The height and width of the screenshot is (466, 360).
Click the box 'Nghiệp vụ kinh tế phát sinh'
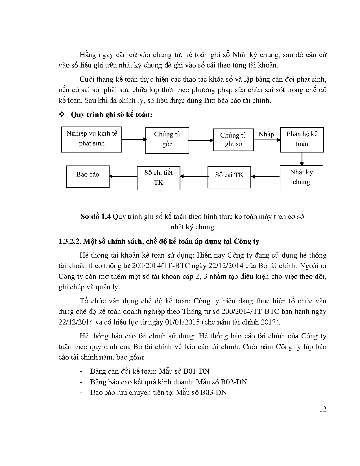pyautogui.click(x=91, y=140)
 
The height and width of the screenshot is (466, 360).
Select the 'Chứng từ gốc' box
pyautogui.click(x=167, y=140)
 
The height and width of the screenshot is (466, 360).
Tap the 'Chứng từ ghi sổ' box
pyautogui.click(x=233, y=140)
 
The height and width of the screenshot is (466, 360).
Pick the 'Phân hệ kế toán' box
pyautogui.click(x=302, y=140)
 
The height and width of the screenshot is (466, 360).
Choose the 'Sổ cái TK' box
pyautogui.click(x=229, y=177)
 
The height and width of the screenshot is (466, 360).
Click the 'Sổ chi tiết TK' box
pyautogui.click(x=158, y=178)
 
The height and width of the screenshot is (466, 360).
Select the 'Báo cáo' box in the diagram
pyautogui.click(x=88, y=177)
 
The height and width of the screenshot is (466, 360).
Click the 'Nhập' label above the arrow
pyautogui.click(x=266, y=134)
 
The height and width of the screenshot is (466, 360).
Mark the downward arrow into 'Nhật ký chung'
pyautogui.click(x=302, y=159)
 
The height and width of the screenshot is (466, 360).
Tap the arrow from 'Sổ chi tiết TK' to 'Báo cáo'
pyautogui.click(x=123, y=177)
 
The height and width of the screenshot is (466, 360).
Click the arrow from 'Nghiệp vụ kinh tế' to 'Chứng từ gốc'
pyautogui.click(x=134, y=139)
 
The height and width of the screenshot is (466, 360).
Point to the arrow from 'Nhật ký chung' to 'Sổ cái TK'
pyautogui.click(x=265, y=177)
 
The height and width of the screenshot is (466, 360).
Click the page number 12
pyautogui.click(x=323, y=409)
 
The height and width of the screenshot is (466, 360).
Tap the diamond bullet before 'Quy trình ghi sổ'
pyautogui.click(x=61, y=115)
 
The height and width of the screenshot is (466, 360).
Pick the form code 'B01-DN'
pyautogui.click(x=196, y=371)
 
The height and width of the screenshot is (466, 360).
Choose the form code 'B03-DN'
pyautogui.click(x=213, y=392)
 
